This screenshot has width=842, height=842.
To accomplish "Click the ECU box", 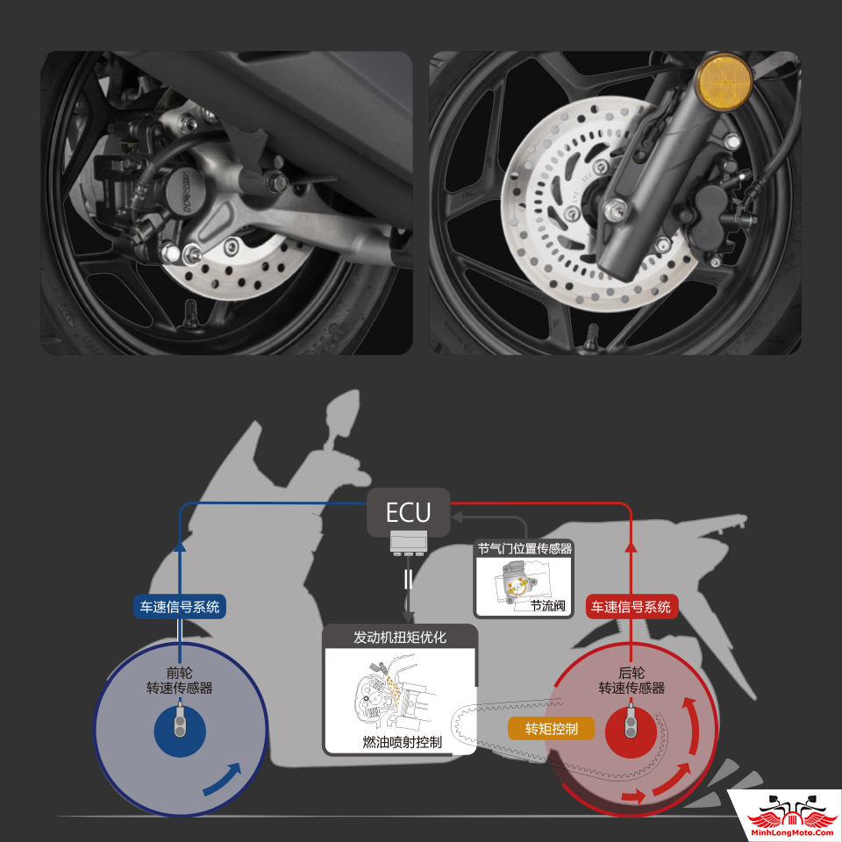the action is (408, 512).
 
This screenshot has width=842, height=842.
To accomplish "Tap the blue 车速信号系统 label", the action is (179, 607).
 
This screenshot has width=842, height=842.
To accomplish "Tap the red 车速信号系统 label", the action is (631, 607).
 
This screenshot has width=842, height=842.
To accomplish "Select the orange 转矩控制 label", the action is (552, 729).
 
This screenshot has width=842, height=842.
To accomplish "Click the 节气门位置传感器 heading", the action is (524, 548).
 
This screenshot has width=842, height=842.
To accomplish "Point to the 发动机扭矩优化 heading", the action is (400, 638).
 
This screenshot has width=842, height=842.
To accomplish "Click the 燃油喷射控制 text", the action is (402, 742).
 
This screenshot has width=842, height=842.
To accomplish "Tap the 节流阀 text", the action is (547, 606).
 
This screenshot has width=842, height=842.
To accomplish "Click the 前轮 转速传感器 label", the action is (179, 681).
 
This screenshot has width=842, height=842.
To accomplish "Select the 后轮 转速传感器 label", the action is (631, 681).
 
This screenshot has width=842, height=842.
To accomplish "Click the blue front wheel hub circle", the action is (180, 731).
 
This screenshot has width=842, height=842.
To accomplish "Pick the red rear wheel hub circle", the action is (631, 731).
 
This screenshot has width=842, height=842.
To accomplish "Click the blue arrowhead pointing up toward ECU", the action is (180, 546).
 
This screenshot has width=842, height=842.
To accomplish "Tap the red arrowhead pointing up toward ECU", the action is (631, 546).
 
